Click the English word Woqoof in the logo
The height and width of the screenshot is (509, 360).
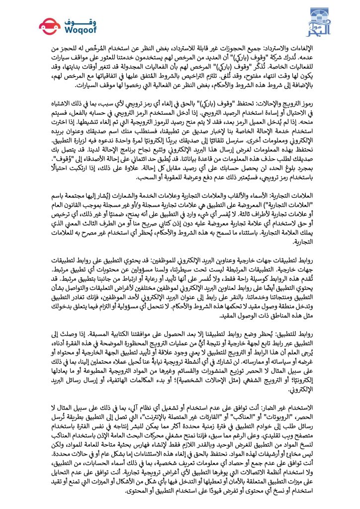65,30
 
